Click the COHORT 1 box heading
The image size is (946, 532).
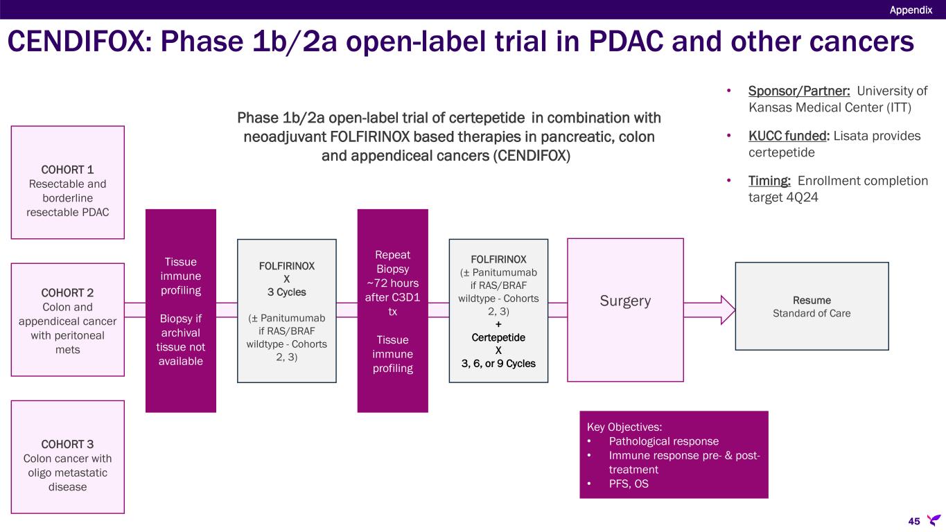tap(67, 169)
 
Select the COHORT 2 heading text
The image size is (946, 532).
tap(67, 292)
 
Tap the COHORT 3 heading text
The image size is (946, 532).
tap(67, 443)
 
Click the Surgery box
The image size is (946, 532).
tap(625, 301)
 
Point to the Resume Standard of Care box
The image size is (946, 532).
tap(812, 306)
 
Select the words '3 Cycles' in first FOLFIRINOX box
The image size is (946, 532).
tap(286, 292)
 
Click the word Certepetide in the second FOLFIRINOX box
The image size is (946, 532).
tap(498, 337)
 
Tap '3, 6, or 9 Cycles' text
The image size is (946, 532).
tap(498, 363)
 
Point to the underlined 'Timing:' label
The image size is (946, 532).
tap(769, 181)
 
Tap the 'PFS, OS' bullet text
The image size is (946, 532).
tap(629, 484)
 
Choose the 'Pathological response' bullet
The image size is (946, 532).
tap(663, 441)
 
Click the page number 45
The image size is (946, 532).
tap(913, 521)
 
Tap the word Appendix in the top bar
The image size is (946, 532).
tap(911, 10)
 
